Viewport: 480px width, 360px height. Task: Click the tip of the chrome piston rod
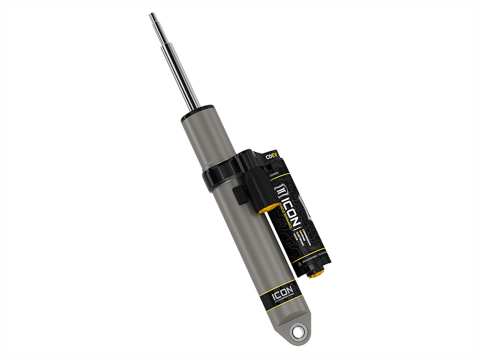153,16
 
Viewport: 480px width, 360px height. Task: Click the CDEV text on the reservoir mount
270,157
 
